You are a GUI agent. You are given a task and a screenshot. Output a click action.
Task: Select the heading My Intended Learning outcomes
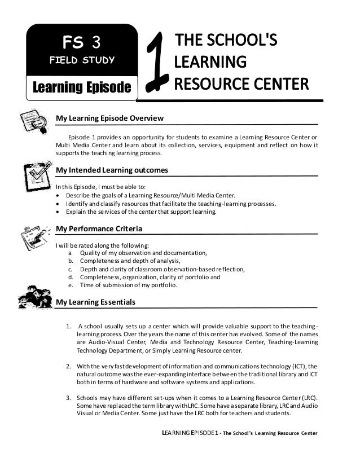pyautogui.click(x=111, y=170)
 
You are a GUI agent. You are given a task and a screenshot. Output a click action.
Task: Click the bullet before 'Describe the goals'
pyautogui.click(x=59, y=196)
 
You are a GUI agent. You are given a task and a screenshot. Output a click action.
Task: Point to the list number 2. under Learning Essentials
pyautogui.click(x=68, y=365)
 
